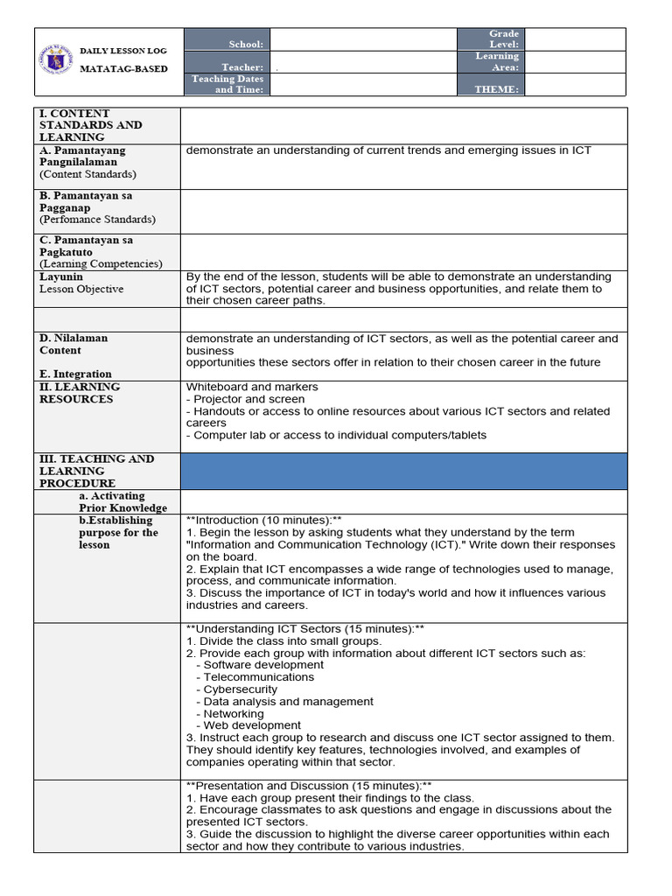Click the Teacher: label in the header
tap(242, 67)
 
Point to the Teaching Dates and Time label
tap(227, 84)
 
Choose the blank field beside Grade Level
tap(575, 39)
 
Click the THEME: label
tap(496, 89)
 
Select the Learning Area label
tap(497, 61)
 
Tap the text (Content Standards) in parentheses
tap(87, 174)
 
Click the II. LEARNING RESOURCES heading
tap(80, 393)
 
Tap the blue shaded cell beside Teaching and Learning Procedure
tap(403, 471)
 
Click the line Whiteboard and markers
tap(252, 387)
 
